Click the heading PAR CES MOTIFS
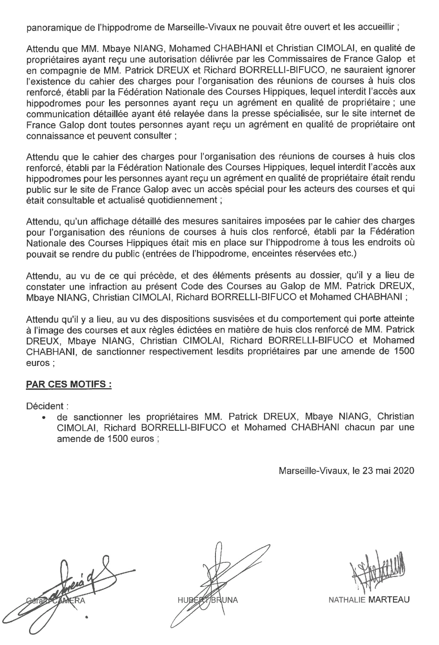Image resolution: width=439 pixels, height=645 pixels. (69, 384)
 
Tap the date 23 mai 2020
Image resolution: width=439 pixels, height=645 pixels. (388, 471)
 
